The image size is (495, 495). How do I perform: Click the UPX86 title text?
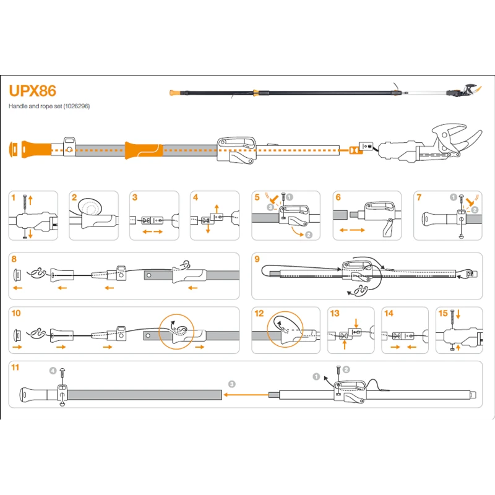point(32,91)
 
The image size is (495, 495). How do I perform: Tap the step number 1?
point(14,197)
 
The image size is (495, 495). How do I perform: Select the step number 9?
point(257,259)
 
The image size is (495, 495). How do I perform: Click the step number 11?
point(15,367)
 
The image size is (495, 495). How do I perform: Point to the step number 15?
point(442,313)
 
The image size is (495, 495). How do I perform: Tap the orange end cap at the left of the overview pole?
point(14,149)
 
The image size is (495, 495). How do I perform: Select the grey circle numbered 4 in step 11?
point(53,371)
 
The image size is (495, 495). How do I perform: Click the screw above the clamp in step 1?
point(25,201)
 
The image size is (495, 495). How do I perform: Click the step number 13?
point(335,313)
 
